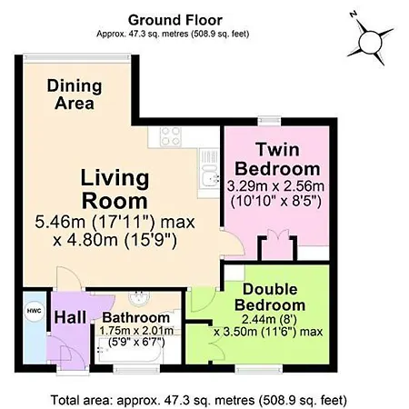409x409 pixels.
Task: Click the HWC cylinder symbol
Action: coord(35,311)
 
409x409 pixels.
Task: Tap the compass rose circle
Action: coord(370,43)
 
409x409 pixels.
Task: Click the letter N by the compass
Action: coord(353,14)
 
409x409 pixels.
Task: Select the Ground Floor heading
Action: coord(175,20)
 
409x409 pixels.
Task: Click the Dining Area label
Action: coord(75,95)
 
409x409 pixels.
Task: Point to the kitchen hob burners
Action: coord(171,136)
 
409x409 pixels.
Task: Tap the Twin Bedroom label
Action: coord(277,159)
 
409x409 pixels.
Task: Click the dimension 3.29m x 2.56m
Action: coord(275,186)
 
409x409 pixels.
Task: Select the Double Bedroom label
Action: coord(270,297)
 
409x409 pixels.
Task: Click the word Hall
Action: coord(70,317)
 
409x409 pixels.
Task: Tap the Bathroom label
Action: coord(136,317)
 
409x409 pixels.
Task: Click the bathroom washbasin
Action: coord(139,298)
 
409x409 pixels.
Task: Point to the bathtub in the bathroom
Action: coord(130,350)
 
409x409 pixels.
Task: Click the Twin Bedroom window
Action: coord(269,121)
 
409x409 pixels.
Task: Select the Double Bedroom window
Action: coord(259,368)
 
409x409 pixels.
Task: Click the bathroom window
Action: coord(136,368)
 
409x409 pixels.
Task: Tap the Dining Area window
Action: coord(77,59)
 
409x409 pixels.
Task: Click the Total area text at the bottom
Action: coord(199,400)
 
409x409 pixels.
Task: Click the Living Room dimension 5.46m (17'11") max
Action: coord(115,222)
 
